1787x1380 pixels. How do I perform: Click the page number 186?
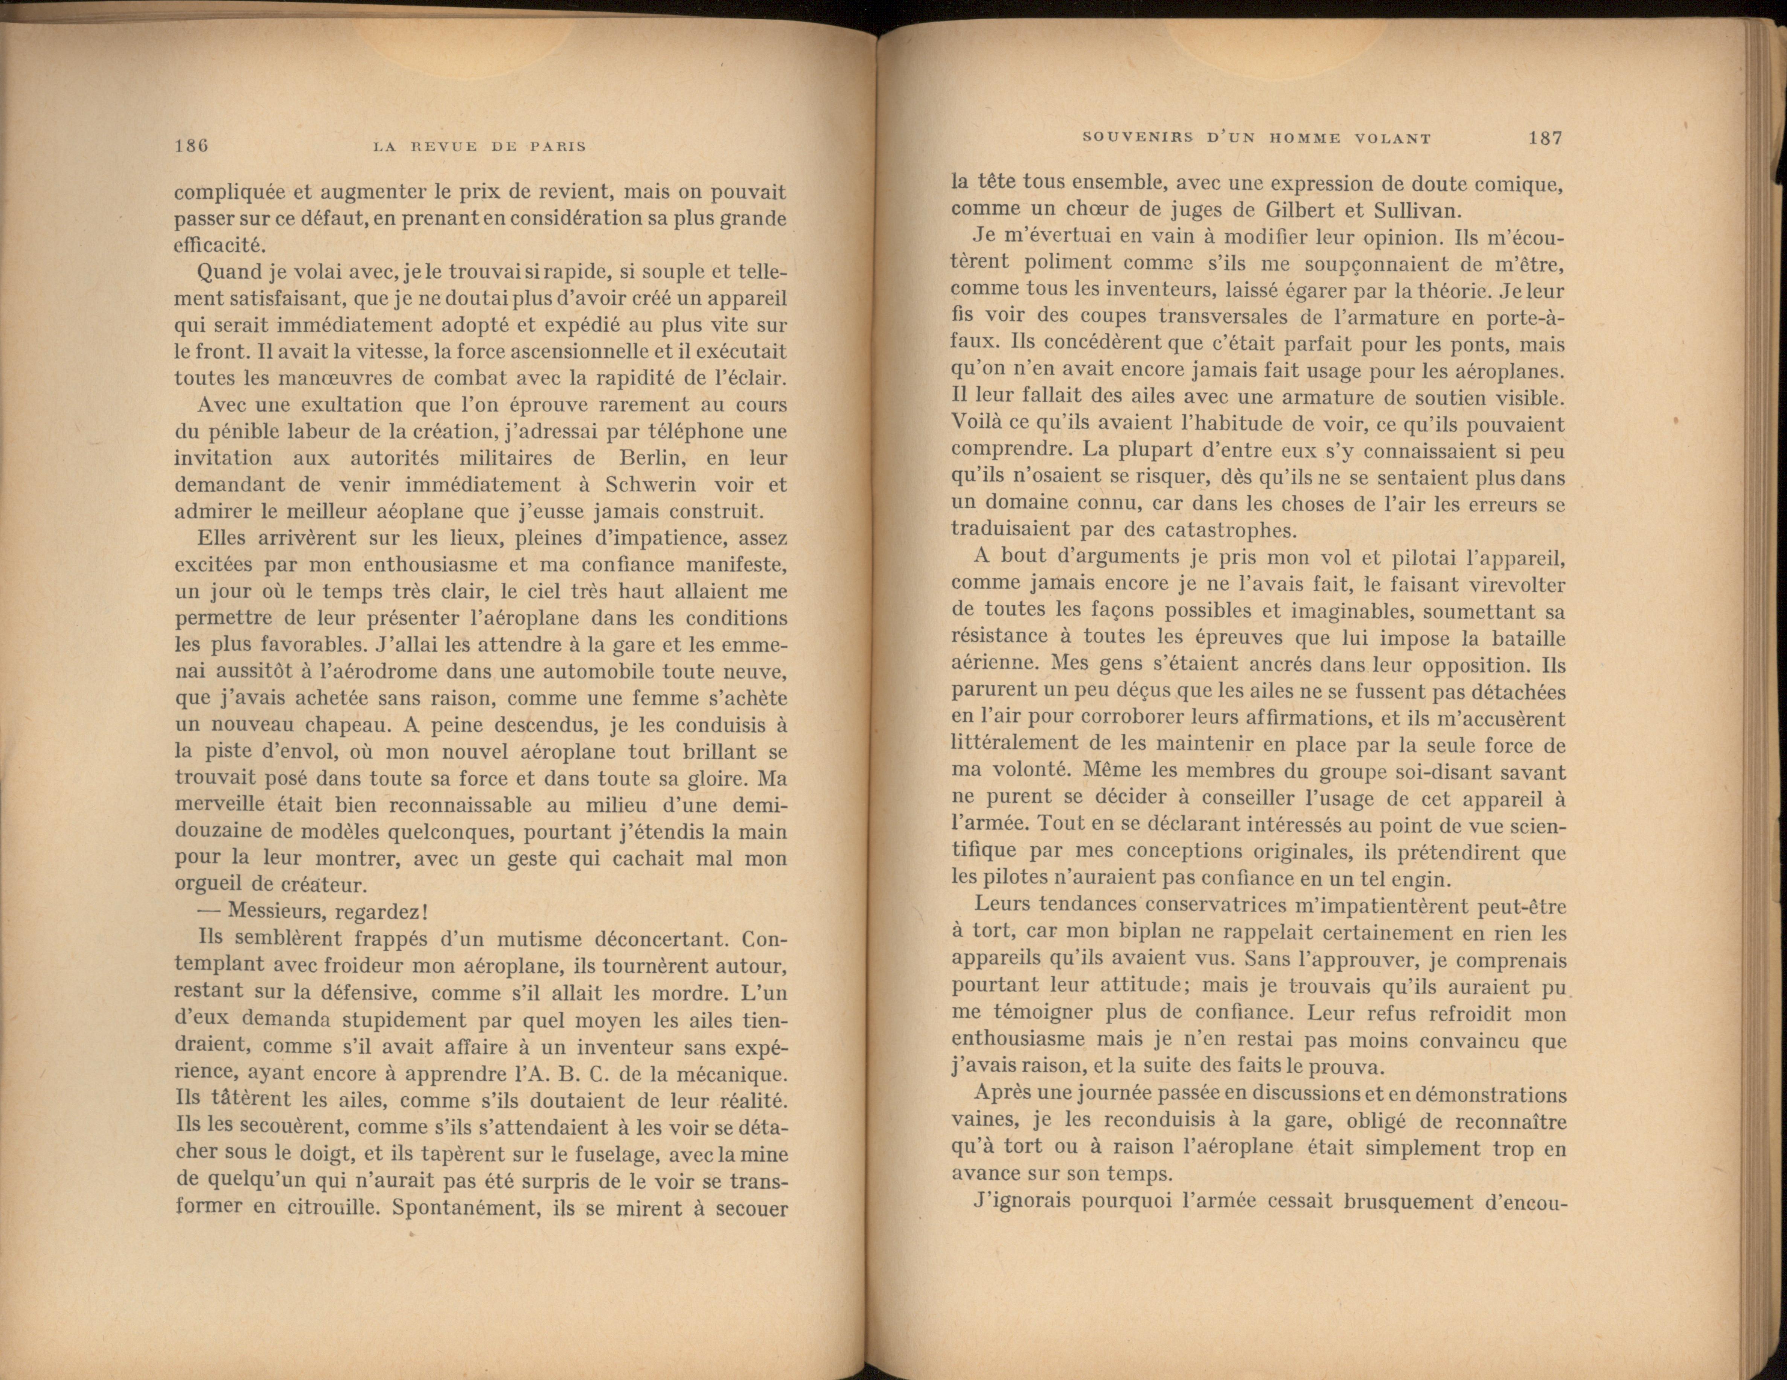(192, 146)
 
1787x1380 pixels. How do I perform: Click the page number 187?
(1545, 137)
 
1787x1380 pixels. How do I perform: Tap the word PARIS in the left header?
(558, 147)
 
